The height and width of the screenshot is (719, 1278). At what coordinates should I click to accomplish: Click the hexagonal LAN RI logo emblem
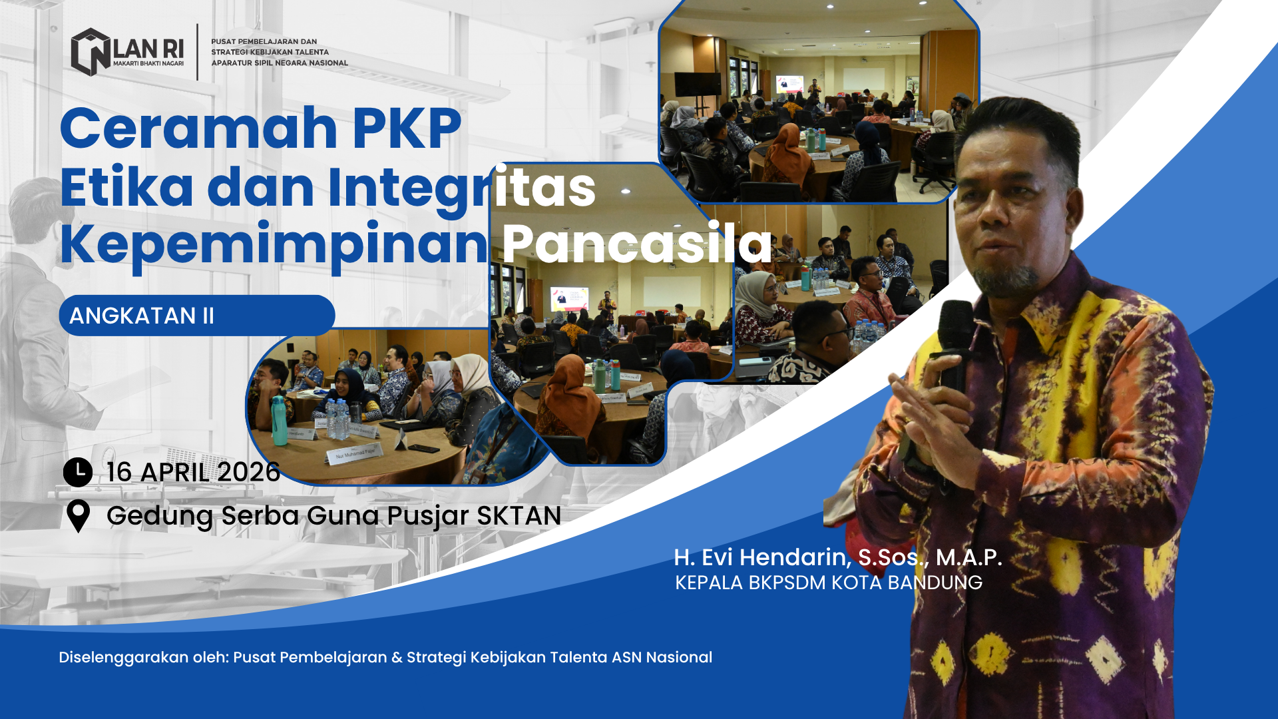click(x=91, y=52)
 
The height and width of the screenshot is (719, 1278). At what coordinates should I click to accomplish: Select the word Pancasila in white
click(x=636, y=244)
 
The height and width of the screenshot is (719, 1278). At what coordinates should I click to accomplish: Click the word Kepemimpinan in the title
click(x=274, y=246)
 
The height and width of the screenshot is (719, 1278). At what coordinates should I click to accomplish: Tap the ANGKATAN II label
click(x=142, y=316)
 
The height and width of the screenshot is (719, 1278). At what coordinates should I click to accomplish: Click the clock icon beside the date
click(x=78, y=472)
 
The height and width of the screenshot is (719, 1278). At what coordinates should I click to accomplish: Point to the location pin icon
click(x=79, y=516)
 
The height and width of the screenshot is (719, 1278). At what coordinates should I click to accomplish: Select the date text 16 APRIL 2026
click(x=194, y=472)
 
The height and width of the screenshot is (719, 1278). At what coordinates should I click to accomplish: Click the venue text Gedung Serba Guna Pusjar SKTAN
click(x=334, y=516)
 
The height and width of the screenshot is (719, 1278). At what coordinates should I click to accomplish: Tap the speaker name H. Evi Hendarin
click(x=762, y=557)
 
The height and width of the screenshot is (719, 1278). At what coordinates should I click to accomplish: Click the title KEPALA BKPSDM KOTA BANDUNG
click(x=829, y=583)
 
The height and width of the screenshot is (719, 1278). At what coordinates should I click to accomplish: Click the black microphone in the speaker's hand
click(x=955, y=346)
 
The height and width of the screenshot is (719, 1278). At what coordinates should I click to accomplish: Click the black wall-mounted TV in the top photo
click(x=698, y=84)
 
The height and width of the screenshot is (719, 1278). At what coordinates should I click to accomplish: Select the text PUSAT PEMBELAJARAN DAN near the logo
click(x=264, y=41)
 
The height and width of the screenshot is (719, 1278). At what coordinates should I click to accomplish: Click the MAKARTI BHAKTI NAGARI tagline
click(x=148, y=64)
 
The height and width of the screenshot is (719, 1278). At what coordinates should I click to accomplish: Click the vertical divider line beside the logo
click(x=198, y=52)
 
